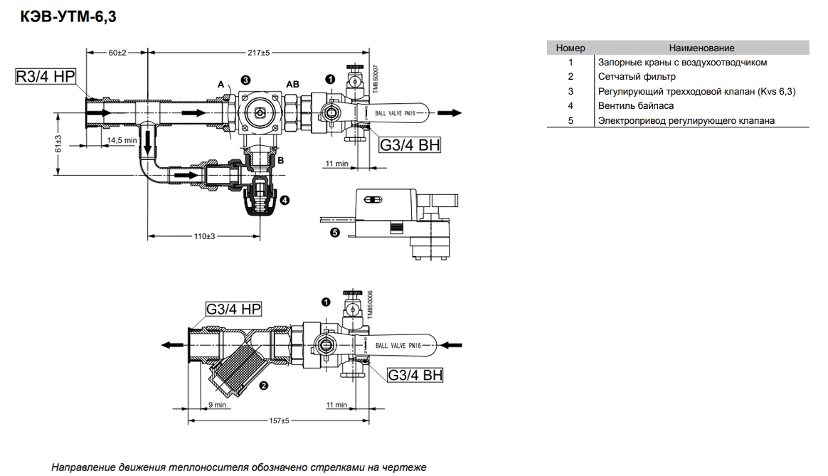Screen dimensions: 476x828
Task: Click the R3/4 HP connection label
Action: [x=46, y=77]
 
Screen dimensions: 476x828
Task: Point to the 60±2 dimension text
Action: [x=117, y=53]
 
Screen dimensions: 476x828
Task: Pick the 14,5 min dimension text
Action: [x=122, y=140]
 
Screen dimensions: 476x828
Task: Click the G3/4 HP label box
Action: [x=233, y=309]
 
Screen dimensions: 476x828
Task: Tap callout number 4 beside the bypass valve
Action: [x=285, y=200]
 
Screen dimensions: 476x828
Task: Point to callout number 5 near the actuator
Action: [x=335, y=233]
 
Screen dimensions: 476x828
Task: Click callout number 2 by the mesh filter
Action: [x=263, y=386]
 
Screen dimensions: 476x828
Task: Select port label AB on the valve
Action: [x=292, y=84]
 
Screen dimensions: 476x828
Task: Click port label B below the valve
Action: [x=280, y=160]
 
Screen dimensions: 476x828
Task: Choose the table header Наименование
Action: [x=701, y=48]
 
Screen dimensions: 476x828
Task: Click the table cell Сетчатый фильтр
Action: [x=637, y=77]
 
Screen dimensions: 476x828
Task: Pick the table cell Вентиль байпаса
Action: [x=636, y=106]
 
